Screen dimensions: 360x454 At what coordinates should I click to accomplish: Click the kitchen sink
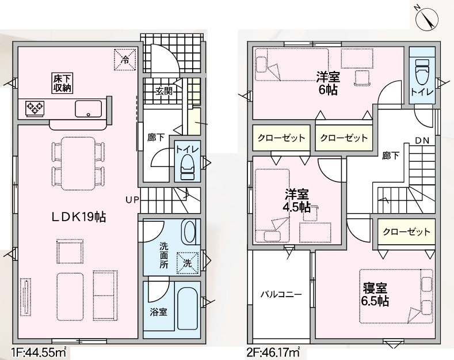87,108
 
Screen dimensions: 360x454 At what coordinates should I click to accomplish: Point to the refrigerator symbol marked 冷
125,59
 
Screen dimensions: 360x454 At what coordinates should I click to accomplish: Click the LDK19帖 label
78,217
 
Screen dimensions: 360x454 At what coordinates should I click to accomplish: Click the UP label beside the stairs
131,200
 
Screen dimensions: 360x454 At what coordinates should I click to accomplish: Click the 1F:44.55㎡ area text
40,349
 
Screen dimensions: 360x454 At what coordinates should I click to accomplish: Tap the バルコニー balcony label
281,293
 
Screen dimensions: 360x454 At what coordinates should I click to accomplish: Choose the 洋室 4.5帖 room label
296,200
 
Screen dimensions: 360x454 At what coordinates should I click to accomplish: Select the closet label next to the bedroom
407,232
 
